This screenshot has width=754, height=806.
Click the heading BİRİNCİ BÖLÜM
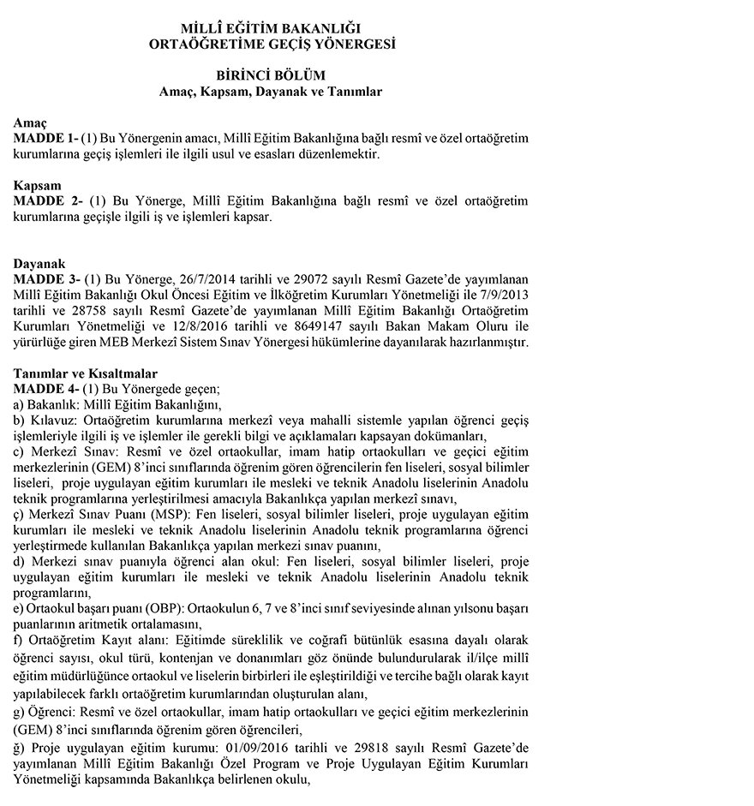tap(270, 75)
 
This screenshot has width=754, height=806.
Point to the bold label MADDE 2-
tap(47, 201)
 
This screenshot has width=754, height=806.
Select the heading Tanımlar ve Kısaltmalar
tap(85, 373)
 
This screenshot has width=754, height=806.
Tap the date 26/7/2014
tap(211, 279)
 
